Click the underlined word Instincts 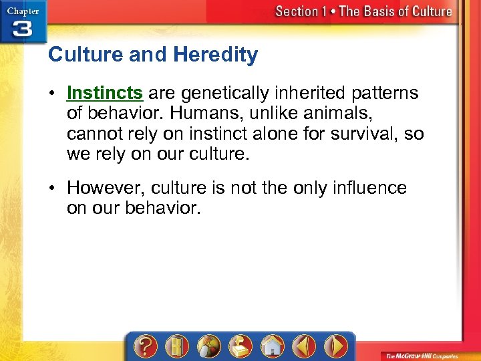(x=105, y=93)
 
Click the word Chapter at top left (x=23, y=10)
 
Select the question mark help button (x=146, y=346)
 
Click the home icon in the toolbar (x=272, y=346)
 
